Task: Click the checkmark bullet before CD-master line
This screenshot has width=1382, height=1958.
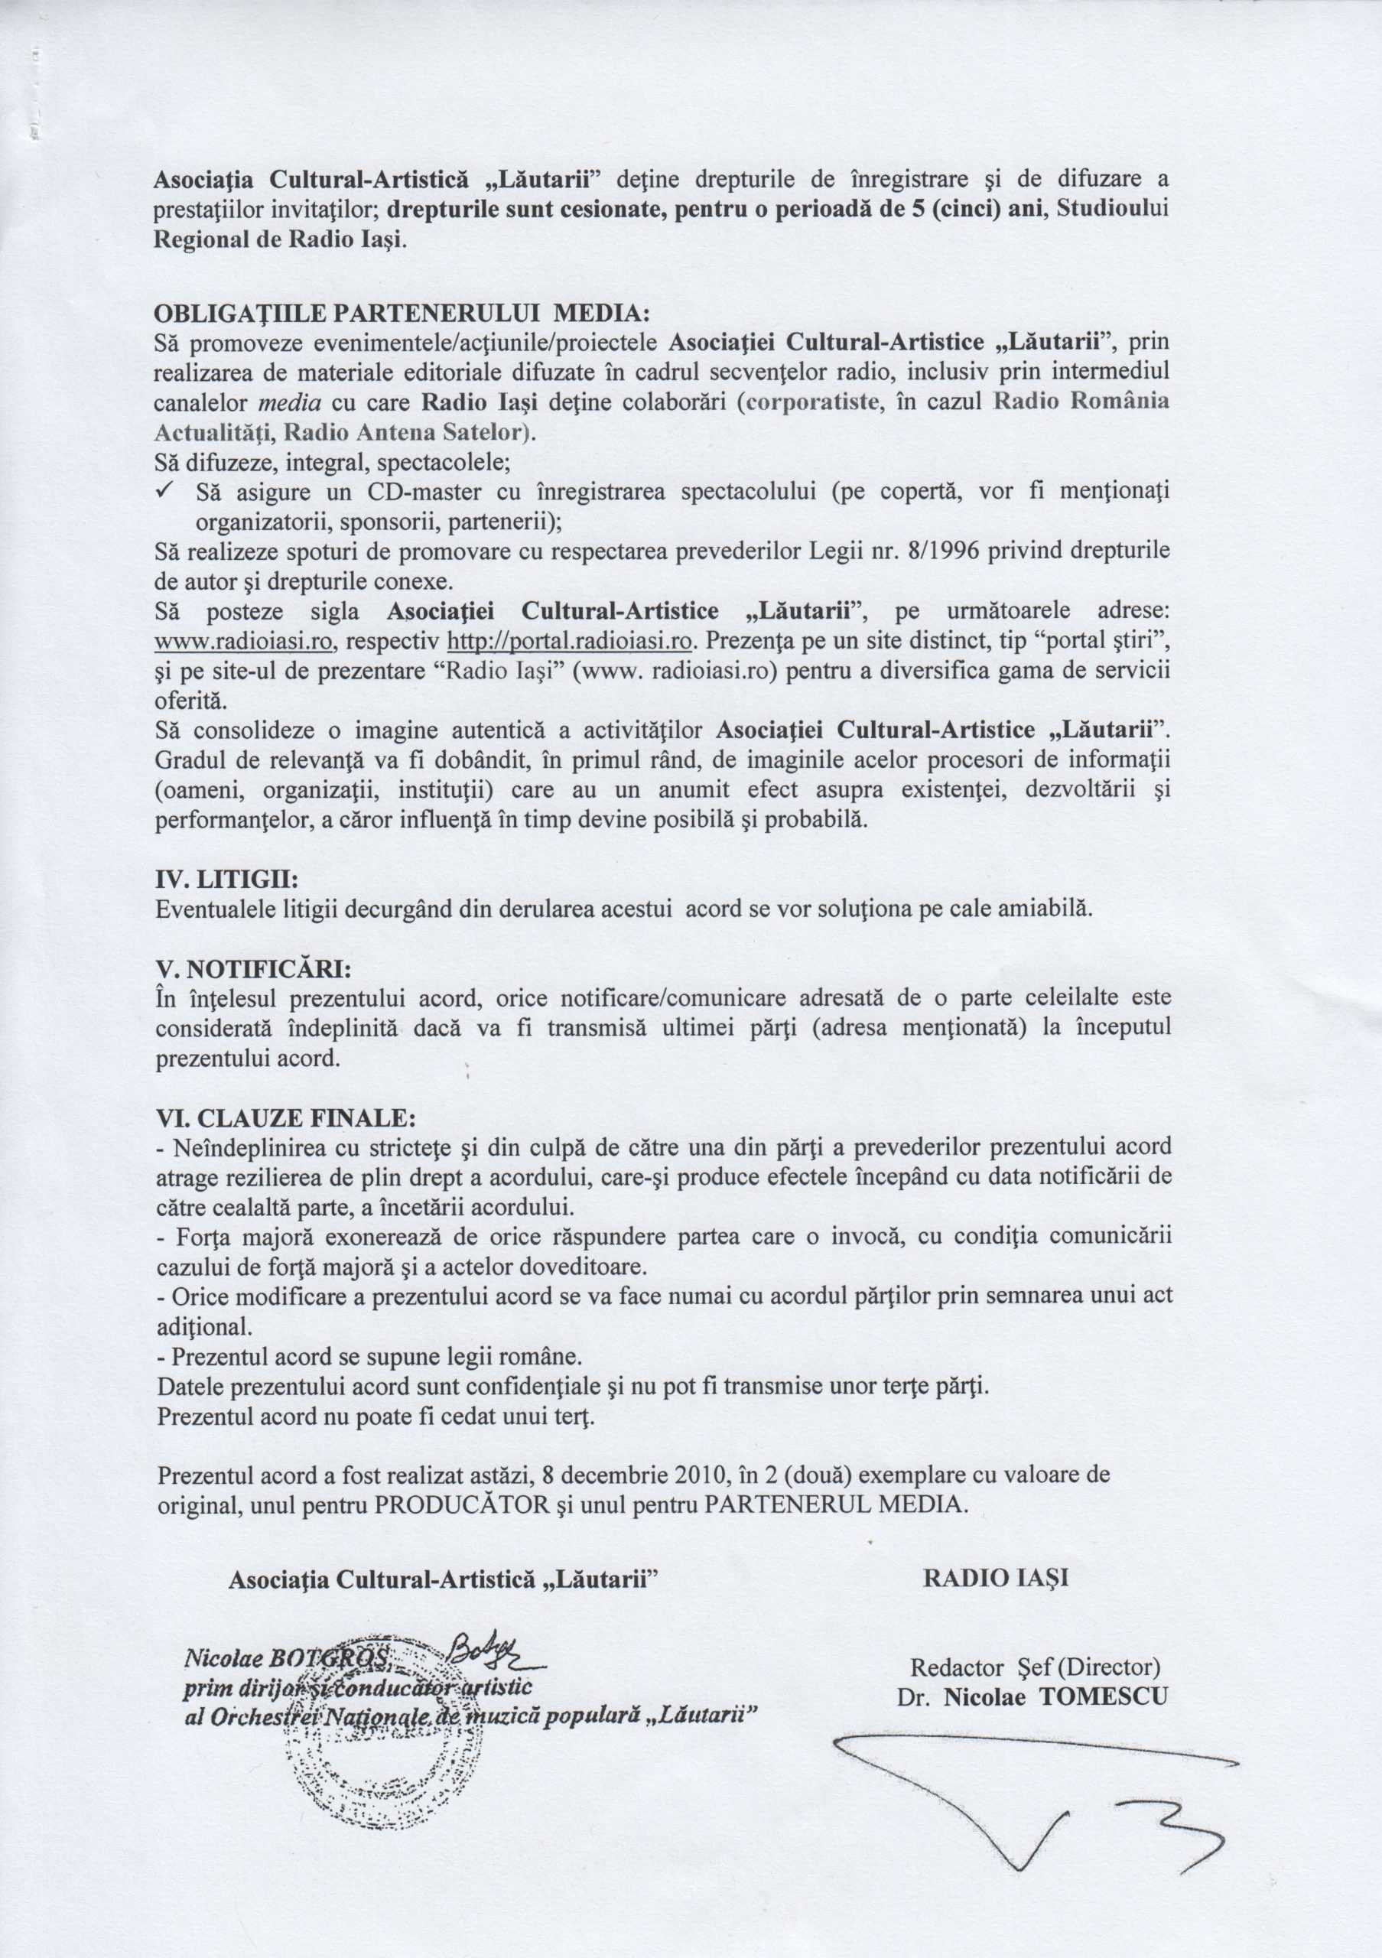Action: (166, 492)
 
